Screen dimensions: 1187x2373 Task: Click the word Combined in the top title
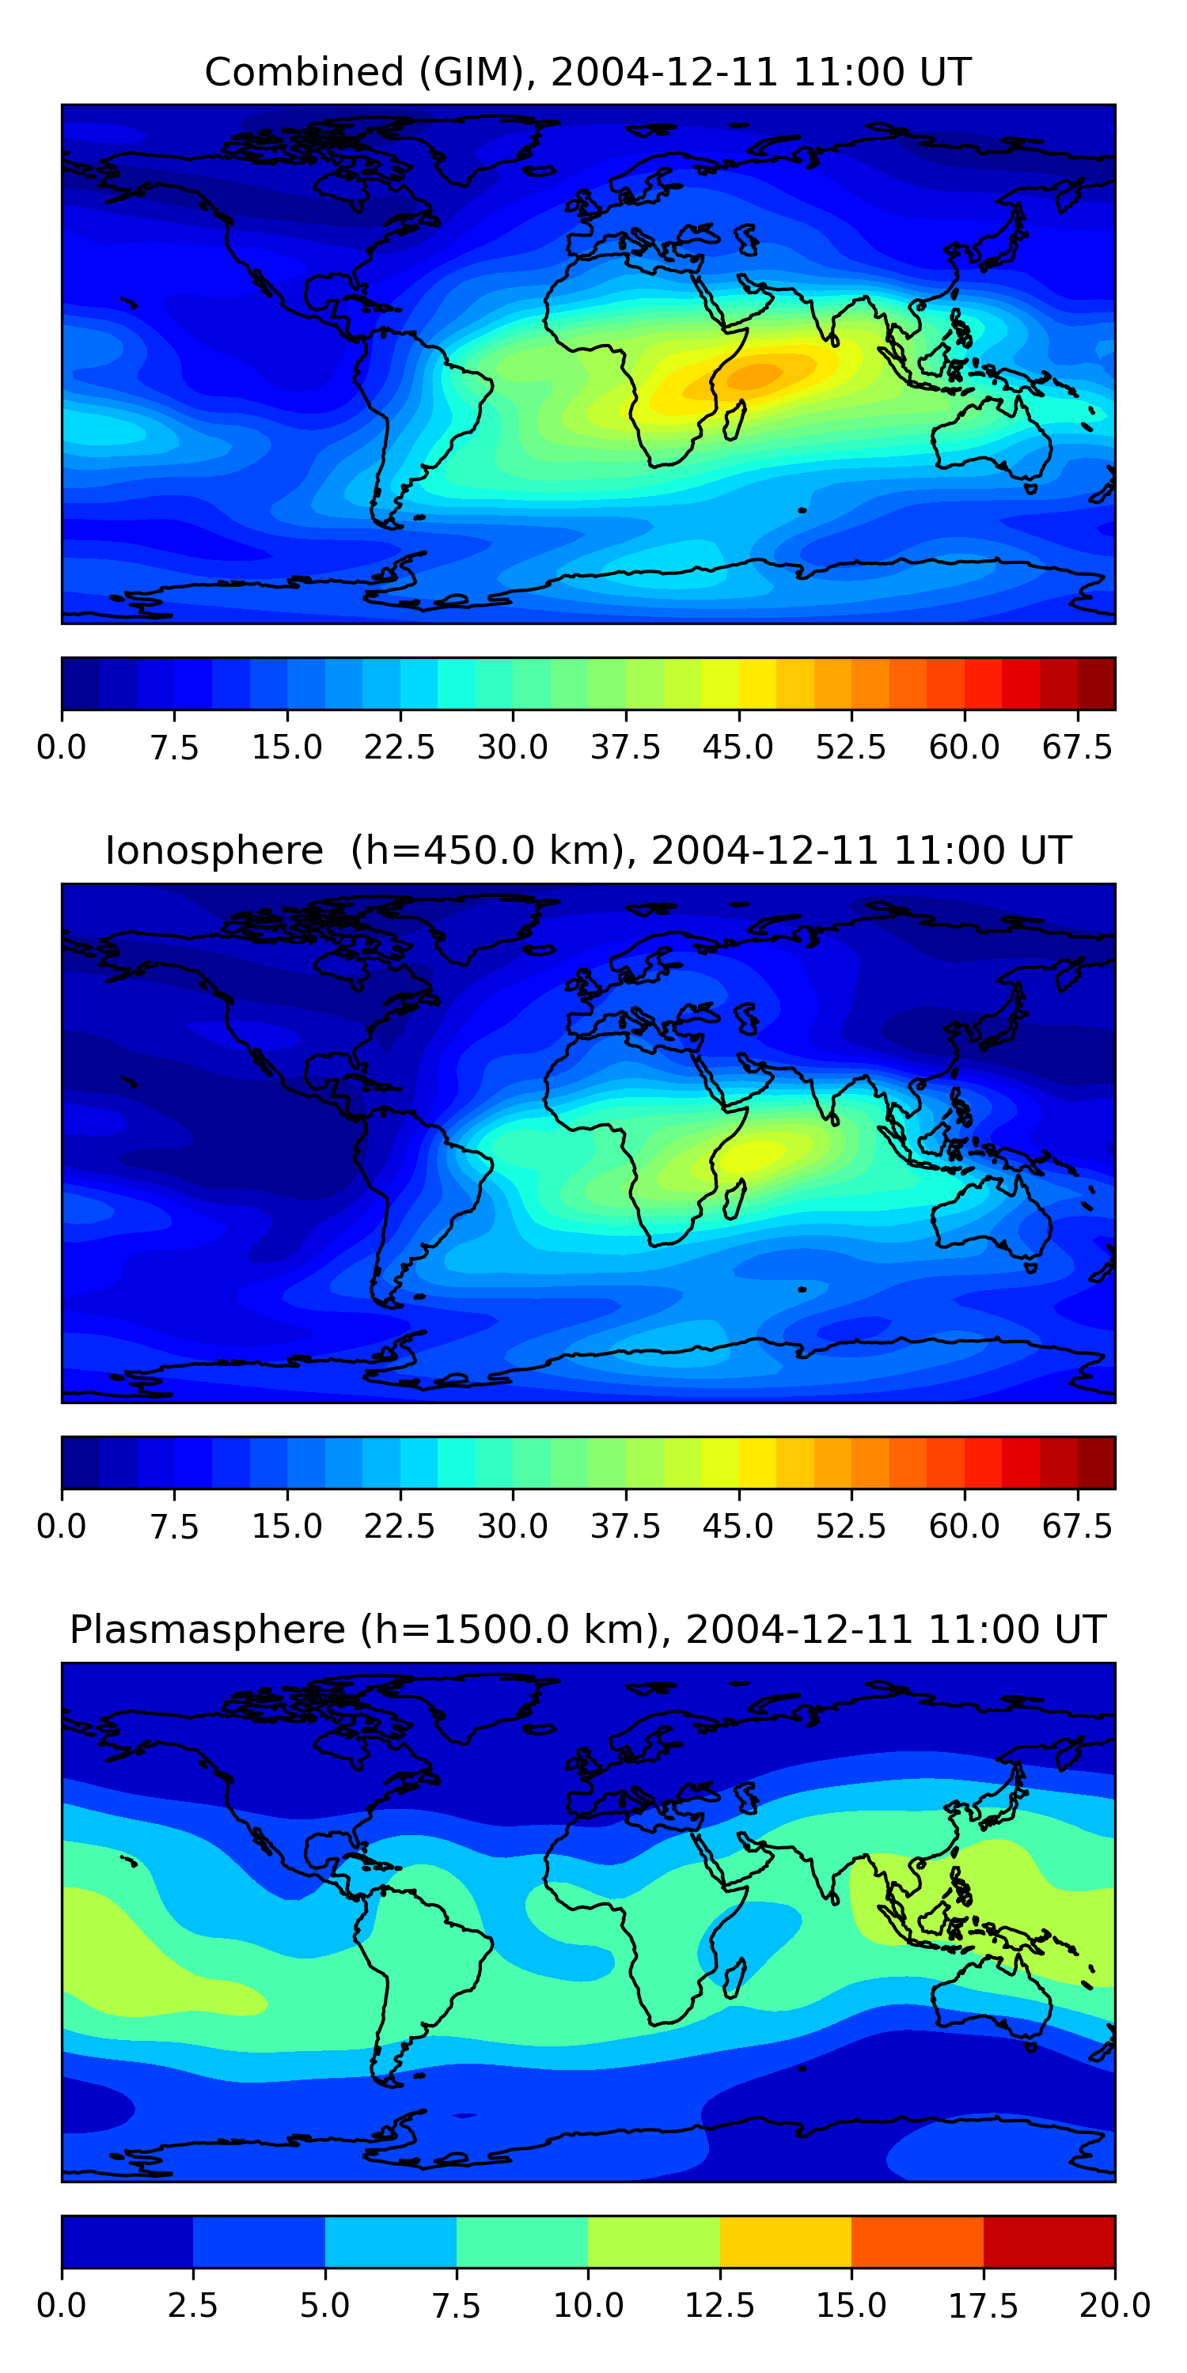pyautogui.click(x=304, y=73)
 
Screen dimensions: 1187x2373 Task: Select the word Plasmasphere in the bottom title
pyautogui.click(x=207, y=1630)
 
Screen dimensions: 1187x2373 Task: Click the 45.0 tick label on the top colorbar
pyautogui.click(x=738, y=747)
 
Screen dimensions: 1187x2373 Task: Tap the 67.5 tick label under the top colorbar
pyautogui.click(x=1077, y=747)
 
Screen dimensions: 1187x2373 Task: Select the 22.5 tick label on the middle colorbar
pyautogui.click(x=399, y=1527)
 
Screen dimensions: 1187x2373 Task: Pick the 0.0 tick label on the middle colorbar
pyautogui.click(x=62, y=1527)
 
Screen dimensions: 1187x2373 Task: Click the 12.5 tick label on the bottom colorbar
pyautogui.click(x=720, y=2306)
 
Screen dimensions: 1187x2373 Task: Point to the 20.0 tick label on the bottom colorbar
pyautogui.click(x=1115, y=2306)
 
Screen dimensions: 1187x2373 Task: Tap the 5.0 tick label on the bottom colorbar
pyautogui.click(x=325, y=2306)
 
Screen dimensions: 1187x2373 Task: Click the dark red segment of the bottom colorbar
pyautogui.click(x=1049, y=2241)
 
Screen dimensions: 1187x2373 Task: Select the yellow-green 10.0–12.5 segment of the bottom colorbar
pyautogui.click(x=654, y=2241)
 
